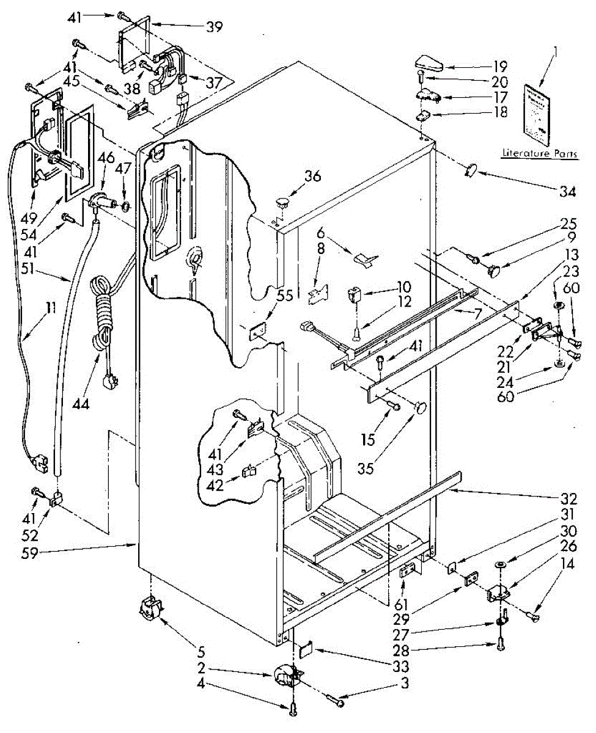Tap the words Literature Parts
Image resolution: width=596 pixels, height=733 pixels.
point(539,154)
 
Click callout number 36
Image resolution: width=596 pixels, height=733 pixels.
point(313,177)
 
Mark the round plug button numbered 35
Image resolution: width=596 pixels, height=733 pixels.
point(419,407)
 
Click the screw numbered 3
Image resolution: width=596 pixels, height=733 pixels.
point(336,702)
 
